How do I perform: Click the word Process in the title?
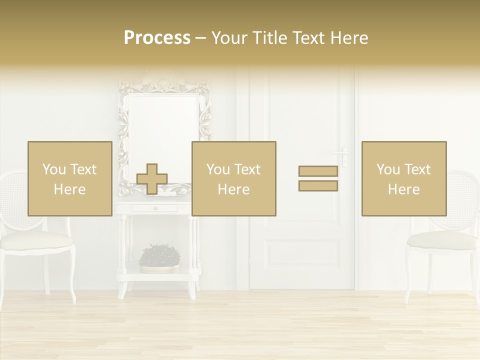(157, 38)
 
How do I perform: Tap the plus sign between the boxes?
(152, 179)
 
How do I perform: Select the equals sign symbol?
(318, 178)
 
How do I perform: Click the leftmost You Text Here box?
(69, 178)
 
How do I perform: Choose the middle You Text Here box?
(233, 178)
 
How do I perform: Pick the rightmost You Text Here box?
(403, 178)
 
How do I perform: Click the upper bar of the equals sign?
(318, 171)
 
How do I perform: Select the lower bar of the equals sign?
(318, 186)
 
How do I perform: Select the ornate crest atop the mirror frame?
(164, 80)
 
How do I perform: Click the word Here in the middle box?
(233, 189)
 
